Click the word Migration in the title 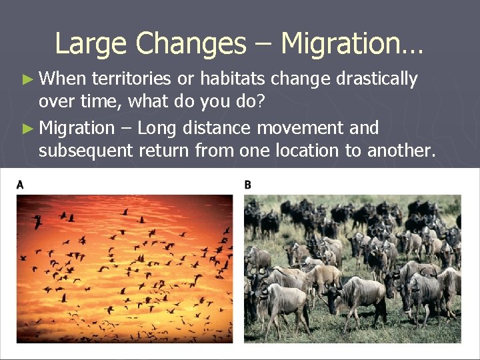351,44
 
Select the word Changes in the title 190,44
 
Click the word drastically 377,79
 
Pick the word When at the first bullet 63,79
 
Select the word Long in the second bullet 156,127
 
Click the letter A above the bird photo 20,185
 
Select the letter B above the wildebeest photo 248,185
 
